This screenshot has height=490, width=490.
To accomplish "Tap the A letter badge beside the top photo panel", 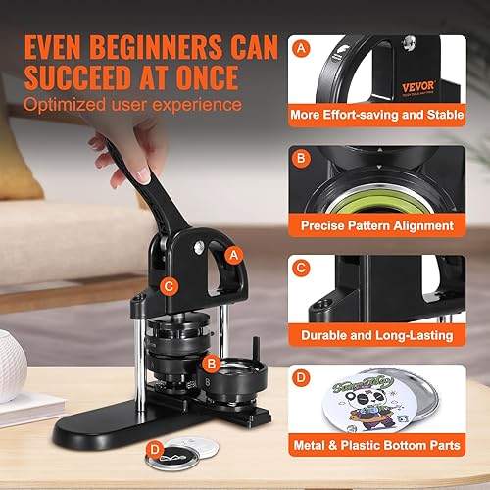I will pyautogui.click(x=301, y=46).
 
